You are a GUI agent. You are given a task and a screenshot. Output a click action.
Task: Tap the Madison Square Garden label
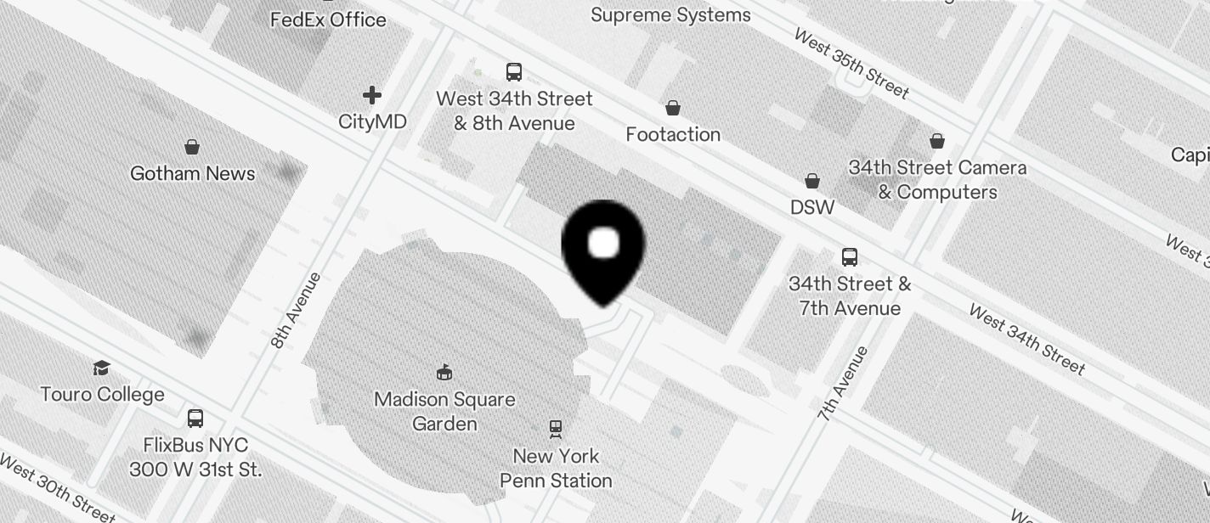point(444,411)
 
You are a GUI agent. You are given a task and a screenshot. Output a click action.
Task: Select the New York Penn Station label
point(556,468)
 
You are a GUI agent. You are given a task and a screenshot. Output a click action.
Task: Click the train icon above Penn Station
point(556,430)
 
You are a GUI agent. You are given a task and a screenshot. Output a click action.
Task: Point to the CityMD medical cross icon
point(372,95)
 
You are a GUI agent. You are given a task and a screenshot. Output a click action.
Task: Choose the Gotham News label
point(192,173)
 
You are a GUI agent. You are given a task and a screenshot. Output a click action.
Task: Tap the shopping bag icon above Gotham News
point(192,147)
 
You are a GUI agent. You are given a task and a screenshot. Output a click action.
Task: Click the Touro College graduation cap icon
point(102,368)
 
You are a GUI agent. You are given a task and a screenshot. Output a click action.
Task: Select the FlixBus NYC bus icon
point(195,418)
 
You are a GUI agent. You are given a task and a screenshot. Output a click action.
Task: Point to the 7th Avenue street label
point(844,384)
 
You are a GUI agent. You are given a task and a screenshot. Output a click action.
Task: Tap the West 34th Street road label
point(1026,340)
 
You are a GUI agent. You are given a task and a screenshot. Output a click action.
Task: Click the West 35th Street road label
point(851,64)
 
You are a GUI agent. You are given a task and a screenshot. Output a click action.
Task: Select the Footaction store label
point(673,134)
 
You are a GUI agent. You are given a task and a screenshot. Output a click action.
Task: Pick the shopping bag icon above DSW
point(812,181)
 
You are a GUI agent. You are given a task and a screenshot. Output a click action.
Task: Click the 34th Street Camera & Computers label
point(937,180)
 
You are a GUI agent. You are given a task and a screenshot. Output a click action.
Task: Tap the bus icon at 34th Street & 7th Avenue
point(849,256)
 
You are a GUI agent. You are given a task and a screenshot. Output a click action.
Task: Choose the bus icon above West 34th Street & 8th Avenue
point(514,72)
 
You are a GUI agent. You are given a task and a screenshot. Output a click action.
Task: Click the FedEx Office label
point(328,20)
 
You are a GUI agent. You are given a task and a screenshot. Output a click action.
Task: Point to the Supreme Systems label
point(670,14)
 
